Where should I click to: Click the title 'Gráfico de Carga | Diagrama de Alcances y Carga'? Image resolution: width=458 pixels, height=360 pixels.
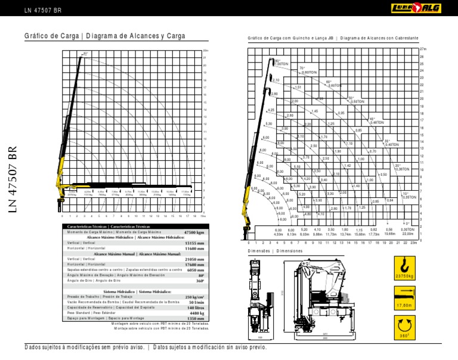(105, 36)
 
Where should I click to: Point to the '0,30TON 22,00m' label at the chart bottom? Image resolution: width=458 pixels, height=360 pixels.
(407, 232)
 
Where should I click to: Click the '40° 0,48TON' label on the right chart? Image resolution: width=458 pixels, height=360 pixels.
(376, 120)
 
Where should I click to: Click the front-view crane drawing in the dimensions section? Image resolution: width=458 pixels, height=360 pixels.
(259, 298)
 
